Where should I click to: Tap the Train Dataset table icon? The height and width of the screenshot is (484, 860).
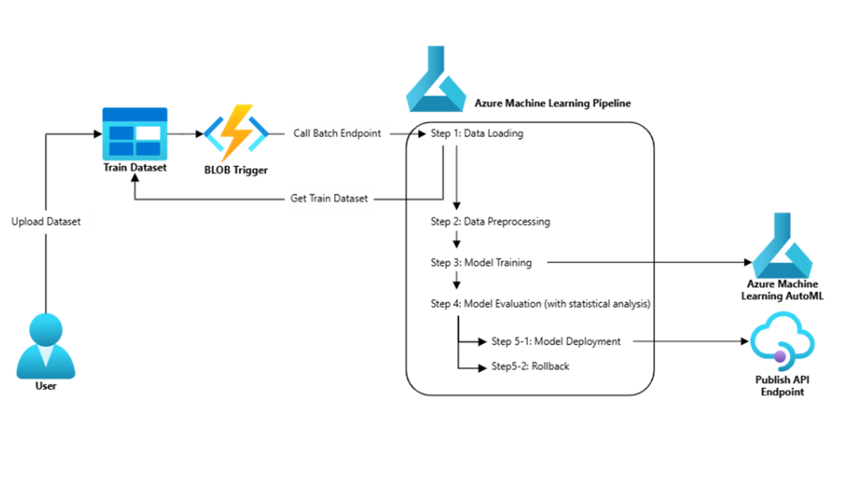(x=134, y=132)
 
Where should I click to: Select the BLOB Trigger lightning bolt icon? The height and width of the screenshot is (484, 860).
(x=236, y=133)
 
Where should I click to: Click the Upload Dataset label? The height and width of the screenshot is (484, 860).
(x=46, y=221)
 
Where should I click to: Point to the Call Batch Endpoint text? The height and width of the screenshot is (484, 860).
(x=337, y=133)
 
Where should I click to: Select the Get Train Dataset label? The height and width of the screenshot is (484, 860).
(x=329, y=198)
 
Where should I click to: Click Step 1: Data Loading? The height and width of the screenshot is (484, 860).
(x=476, y=133)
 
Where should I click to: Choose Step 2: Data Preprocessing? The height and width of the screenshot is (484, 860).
(x=490, y=221)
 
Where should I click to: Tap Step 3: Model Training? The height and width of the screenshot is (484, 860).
(x=481, y=263)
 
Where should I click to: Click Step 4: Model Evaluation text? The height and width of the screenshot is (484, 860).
(x=540, y=304)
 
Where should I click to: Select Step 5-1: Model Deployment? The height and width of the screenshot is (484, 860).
(x=556, y=341)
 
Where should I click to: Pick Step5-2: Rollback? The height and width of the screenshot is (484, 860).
(x=530, y=366)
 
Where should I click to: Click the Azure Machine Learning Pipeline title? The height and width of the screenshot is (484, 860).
(x=552, y=104)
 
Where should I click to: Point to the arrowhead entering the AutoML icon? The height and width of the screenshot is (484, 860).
(x=746, y=263)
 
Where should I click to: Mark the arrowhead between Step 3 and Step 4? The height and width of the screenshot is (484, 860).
(x=457, y=284)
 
